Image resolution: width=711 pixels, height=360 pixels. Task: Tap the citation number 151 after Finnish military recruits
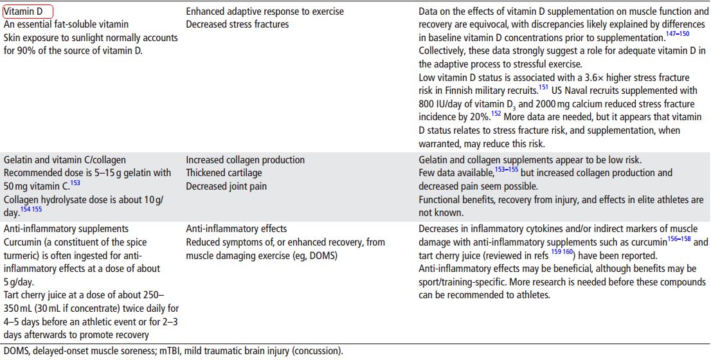click(543, 87)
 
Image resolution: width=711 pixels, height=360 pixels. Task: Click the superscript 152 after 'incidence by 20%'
click(496, 113)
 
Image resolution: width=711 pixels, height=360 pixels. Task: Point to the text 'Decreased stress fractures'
click(237, 24)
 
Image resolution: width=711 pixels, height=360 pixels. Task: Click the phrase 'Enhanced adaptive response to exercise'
click(265, 12)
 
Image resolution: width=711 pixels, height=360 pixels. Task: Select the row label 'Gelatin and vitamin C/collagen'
click(65, 159)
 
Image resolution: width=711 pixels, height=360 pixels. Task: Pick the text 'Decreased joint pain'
click(226, 186)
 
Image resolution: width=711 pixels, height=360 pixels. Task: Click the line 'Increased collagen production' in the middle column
click(245, 159)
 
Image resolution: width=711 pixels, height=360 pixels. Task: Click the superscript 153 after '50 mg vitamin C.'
click(75, 183)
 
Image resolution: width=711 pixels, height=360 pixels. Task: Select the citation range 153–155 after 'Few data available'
click(512, 169)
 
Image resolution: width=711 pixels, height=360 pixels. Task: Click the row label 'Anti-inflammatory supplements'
click(66, 229)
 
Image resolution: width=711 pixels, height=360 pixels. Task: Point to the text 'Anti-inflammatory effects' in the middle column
click(237, 229)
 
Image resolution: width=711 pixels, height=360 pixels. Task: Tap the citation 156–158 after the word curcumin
click(679, 239)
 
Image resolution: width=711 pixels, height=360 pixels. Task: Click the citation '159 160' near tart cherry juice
click(561, 252)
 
